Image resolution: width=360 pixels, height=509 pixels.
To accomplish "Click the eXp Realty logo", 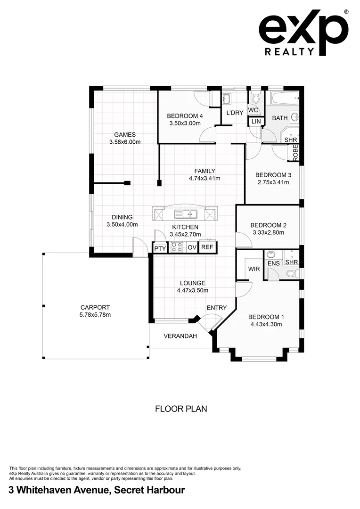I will (303, 33).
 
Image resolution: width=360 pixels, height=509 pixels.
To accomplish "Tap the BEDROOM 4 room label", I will (185, 116).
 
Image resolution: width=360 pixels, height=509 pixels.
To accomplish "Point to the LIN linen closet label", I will (256, 122).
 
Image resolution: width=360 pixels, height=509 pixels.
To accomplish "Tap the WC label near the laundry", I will (253, 110).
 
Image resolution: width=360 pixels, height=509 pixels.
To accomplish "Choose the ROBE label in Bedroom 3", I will (295, 152).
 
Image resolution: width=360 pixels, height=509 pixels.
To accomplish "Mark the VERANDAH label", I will (180, 336).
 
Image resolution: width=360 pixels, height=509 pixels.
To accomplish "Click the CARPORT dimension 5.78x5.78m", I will (95, 315).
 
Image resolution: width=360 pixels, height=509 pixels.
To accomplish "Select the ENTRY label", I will (217, 308).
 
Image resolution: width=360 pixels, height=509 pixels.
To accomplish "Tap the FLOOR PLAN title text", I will (181, 409).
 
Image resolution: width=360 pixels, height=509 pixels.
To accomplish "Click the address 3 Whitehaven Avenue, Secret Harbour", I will (97, 490).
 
